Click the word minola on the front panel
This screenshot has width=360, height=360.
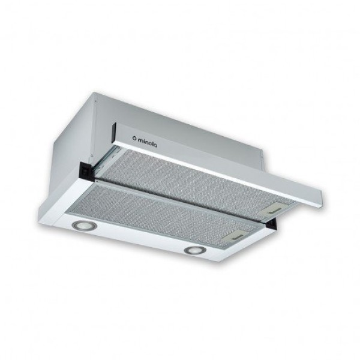(x=148, y=142)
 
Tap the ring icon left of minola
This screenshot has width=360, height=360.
(x=134, y=138)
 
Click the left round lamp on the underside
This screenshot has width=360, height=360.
(x=82, y=225)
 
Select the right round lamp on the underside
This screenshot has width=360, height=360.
(x=194, y=250)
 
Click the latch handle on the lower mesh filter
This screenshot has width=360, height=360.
(x=235, y=236)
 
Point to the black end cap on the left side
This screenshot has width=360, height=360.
(x=86, y=170)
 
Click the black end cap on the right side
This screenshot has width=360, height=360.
(x=271, y=223)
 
